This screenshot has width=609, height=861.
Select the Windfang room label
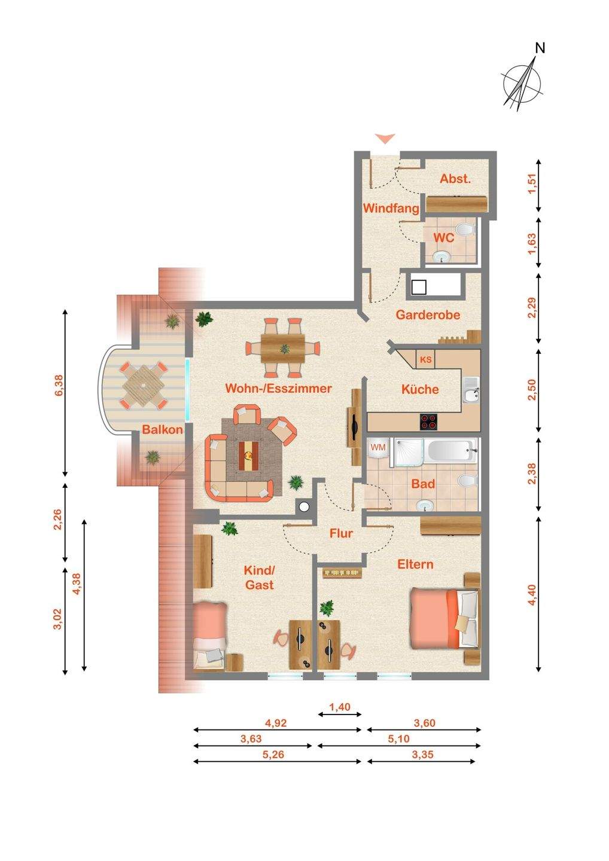pos(391,209)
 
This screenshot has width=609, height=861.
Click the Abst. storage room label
pos(456,179)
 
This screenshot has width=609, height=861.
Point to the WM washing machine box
pos(378,448)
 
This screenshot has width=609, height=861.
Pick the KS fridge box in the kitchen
pos(425,360)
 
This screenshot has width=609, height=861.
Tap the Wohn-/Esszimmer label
pos(278,388)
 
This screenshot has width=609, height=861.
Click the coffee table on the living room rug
pos(248,456)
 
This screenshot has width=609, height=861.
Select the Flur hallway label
pos(341,533)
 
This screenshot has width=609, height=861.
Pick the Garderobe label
pos(428,315)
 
